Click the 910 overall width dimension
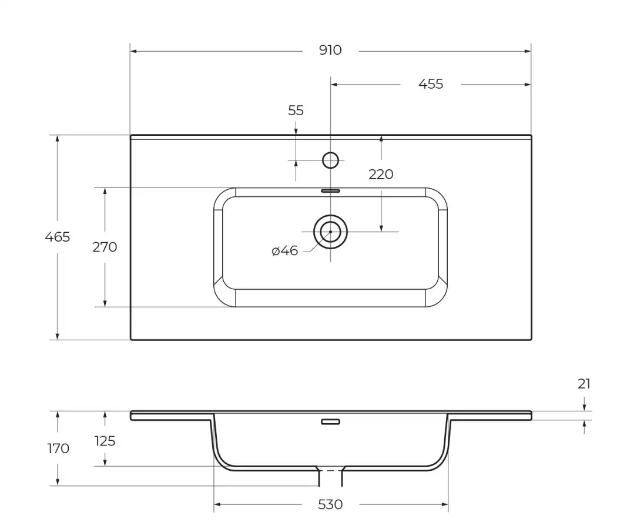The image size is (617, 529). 330,51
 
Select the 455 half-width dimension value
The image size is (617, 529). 431,84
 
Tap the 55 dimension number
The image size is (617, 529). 296,111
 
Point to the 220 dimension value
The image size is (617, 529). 381,175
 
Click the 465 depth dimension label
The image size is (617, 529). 58,237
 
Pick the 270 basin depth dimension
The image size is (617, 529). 105,247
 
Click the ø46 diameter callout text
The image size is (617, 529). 285,251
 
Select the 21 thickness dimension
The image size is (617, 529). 584,384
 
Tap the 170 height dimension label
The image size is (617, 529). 58,448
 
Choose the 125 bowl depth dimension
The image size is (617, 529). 105,441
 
